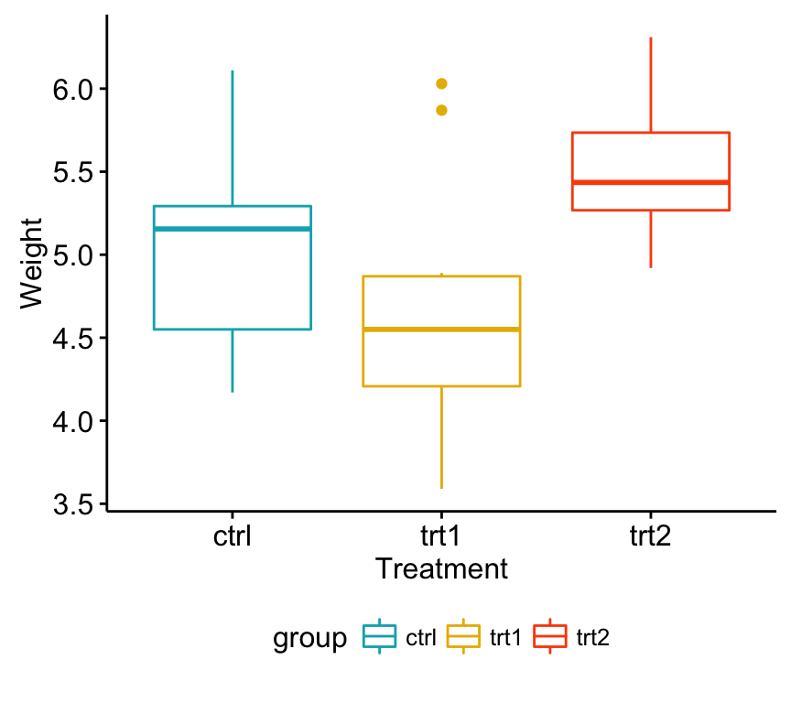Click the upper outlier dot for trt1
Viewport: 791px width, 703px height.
(x=441, y=83)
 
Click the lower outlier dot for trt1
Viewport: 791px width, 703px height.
(x=441, y=110)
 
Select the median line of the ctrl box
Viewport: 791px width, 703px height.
(x=233, y=228)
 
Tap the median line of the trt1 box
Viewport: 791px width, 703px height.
(x=441, y=329)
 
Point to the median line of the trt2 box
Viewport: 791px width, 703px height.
(x=650, y=182)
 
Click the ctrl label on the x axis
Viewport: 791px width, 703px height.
(x=233, y=535)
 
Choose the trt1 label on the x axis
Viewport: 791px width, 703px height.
(x=441, y=535)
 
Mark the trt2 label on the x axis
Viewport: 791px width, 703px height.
(x=650, y=535)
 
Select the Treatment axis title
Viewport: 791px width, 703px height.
(x=441, y=568)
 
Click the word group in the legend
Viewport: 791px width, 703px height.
(x=309, y=638)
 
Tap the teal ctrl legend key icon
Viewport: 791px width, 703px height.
(x=380, y=637)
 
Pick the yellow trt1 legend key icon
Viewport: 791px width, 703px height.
(x=463, y=637)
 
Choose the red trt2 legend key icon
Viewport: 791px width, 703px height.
(x=550, y=637)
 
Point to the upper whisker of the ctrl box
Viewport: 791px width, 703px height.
(x=233, y=137)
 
